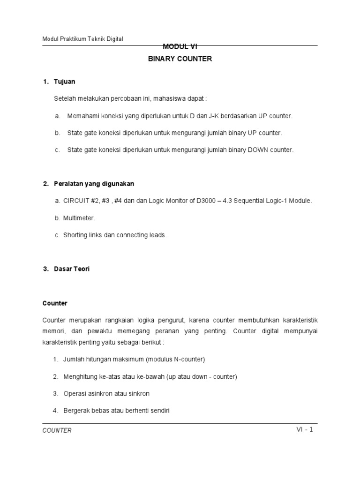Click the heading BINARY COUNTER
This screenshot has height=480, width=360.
coord(180,59)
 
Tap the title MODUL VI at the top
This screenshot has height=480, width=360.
coord(180,46)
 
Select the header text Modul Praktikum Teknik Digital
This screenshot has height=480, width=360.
coord(82,39)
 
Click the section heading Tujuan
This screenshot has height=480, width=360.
coord(65,82)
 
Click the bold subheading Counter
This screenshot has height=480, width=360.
coord(55,303)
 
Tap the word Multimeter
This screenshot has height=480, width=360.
coord(79,218)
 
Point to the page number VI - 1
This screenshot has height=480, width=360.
coord(305,429)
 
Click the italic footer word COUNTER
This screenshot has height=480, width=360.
coord(57,430)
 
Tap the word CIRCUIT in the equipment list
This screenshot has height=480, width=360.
coord(76,201)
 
